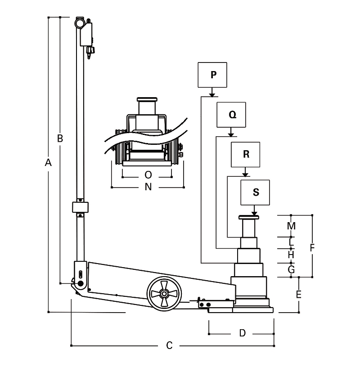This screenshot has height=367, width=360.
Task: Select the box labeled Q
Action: pyautogui.click(x=231, y=115)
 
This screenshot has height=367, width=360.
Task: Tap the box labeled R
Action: pyautogui.click(x=246, y=154)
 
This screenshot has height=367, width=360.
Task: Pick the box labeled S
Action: pyautogui.click(x=256, y=192)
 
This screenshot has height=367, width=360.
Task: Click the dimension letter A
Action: pyautogui.click(x=49, y=163)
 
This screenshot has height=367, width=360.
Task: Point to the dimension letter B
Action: pyautogui.click(x=59, y=139)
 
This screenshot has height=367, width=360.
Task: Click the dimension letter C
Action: pyautogui.click(x=169, y=345)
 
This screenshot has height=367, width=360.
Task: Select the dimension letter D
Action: pyautogui.click(x=242, y=333)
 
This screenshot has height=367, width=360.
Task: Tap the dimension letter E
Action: pyautogui.click(x=298, y=295)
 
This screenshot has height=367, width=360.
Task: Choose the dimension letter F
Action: pyautogui.click(x=312, y=247)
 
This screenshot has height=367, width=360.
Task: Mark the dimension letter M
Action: pyautogui.click(x=291, y=226)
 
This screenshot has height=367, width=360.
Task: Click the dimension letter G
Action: pyautogui.click(x=291, y=269)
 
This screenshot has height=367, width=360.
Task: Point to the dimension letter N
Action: pyautogui.click(x=148, y=187)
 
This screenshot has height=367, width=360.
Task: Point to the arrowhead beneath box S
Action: pyautogui.click(x=255, y=213)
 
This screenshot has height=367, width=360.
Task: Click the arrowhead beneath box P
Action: pyautogui.click(x=211, y=94)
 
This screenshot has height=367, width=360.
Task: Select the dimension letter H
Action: pyautogui.click(x=291, y=255)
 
